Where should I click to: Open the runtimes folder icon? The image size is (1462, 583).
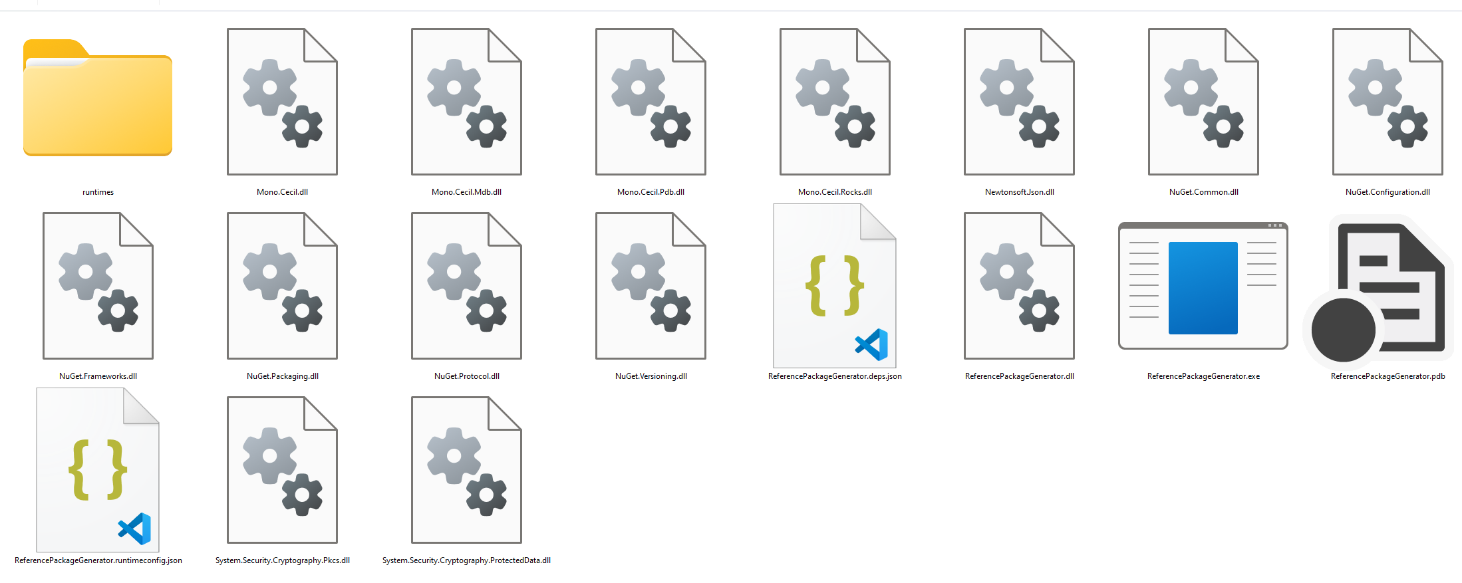coord(98,100)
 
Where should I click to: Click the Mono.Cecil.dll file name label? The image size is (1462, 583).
coord(282,192)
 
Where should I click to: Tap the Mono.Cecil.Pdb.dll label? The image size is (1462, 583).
coord(651,192)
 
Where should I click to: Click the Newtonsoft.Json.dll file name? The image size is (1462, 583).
coord(1019,192)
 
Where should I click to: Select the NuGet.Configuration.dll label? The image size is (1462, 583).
coord(1388,192)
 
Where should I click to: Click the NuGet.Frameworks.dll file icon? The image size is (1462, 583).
coord(98,286)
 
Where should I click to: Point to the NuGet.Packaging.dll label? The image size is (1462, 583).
coord(282,376)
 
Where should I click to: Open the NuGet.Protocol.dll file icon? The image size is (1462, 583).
coord(466,286)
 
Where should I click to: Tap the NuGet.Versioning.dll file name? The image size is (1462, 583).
coord(651,376)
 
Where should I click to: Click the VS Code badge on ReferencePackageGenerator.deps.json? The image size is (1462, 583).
coord(872,344)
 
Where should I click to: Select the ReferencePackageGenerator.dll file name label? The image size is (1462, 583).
coord(1019,376)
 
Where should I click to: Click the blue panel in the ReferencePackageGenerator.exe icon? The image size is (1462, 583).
coord(1203,287)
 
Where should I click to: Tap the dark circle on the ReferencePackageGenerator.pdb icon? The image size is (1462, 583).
coord(1343,330)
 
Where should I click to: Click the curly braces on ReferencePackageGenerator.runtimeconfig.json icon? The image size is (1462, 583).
coord(98,469)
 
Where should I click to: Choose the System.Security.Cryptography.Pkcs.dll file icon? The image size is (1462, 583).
coord(282,470)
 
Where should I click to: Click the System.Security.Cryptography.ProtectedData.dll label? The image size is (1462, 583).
coord(466,560)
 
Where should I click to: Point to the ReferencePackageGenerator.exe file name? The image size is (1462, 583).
coord(1203,376)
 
